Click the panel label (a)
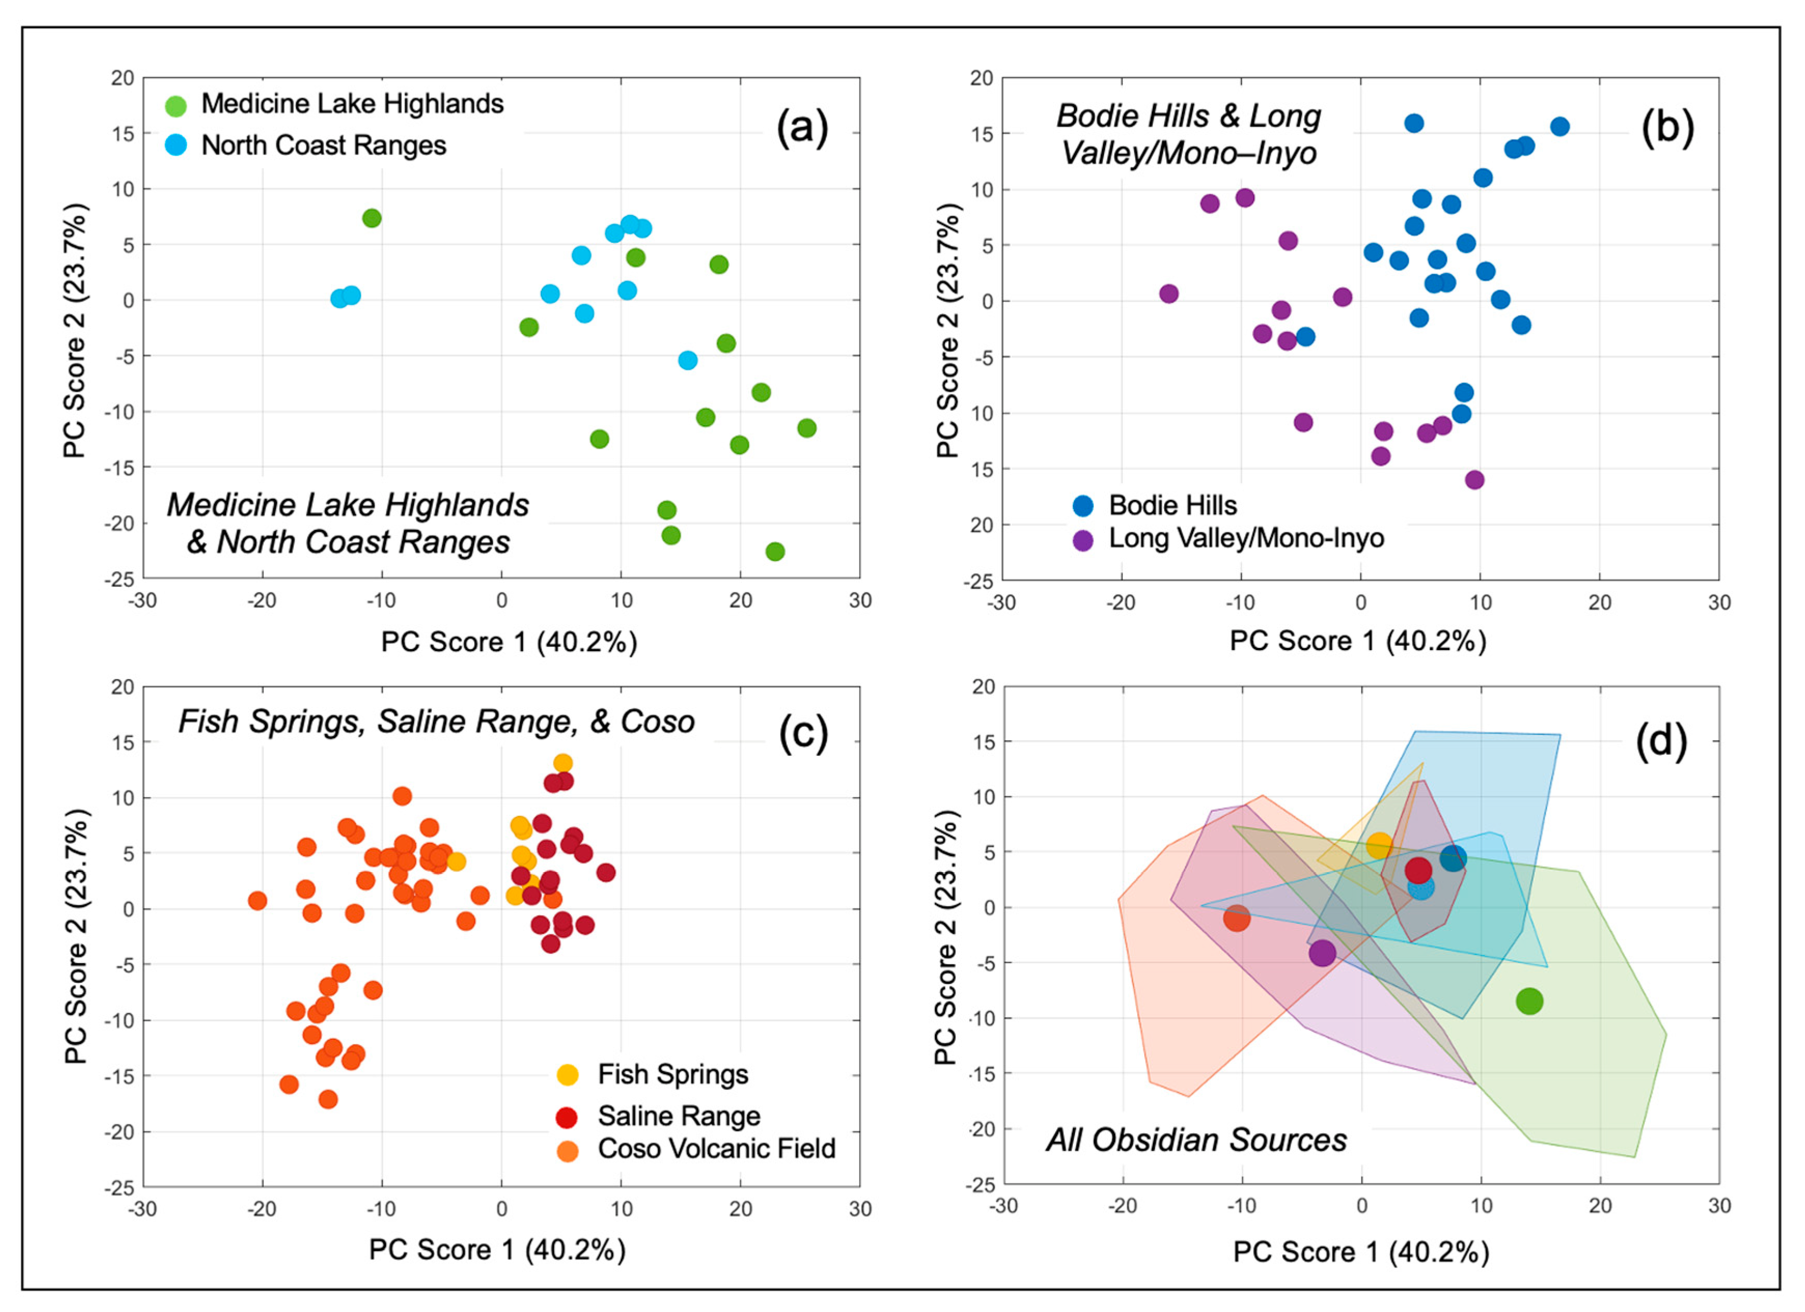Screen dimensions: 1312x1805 [x=802, y=128]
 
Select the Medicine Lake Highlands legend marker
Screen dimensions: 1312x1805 [x=175, y=105]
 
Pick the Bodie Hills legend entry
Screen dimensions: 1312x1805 [x=1172, y=505]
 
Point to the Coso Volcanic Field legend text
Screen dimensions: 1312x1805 [x=716, y=1149]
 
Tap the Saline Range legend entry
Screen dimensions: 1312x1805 [x=679, y=1116]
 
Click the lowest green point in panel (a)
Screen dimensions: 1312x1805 [x=774, y=552]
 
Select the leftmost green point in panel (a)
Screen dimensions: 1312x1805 [x=372, y=218]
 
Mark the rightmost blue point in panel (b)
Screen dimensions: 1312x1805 [x=1559, y=126]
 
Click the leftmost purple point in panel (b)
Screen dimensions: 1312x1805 [x=1168, y=293]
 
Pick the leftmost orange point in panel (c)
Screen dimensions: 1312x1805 [x=257, y=900]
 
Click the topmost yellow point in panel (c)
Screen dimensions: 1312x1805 [x=563, y=763]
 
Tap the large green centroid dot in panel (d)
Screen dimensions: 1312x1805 [x=1529, y=1001]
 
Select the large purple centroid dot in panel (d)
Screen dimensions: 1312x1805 [x=1322, y=952]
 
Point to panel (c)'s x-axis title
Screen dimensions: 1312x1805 [x=497, y=1250]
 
